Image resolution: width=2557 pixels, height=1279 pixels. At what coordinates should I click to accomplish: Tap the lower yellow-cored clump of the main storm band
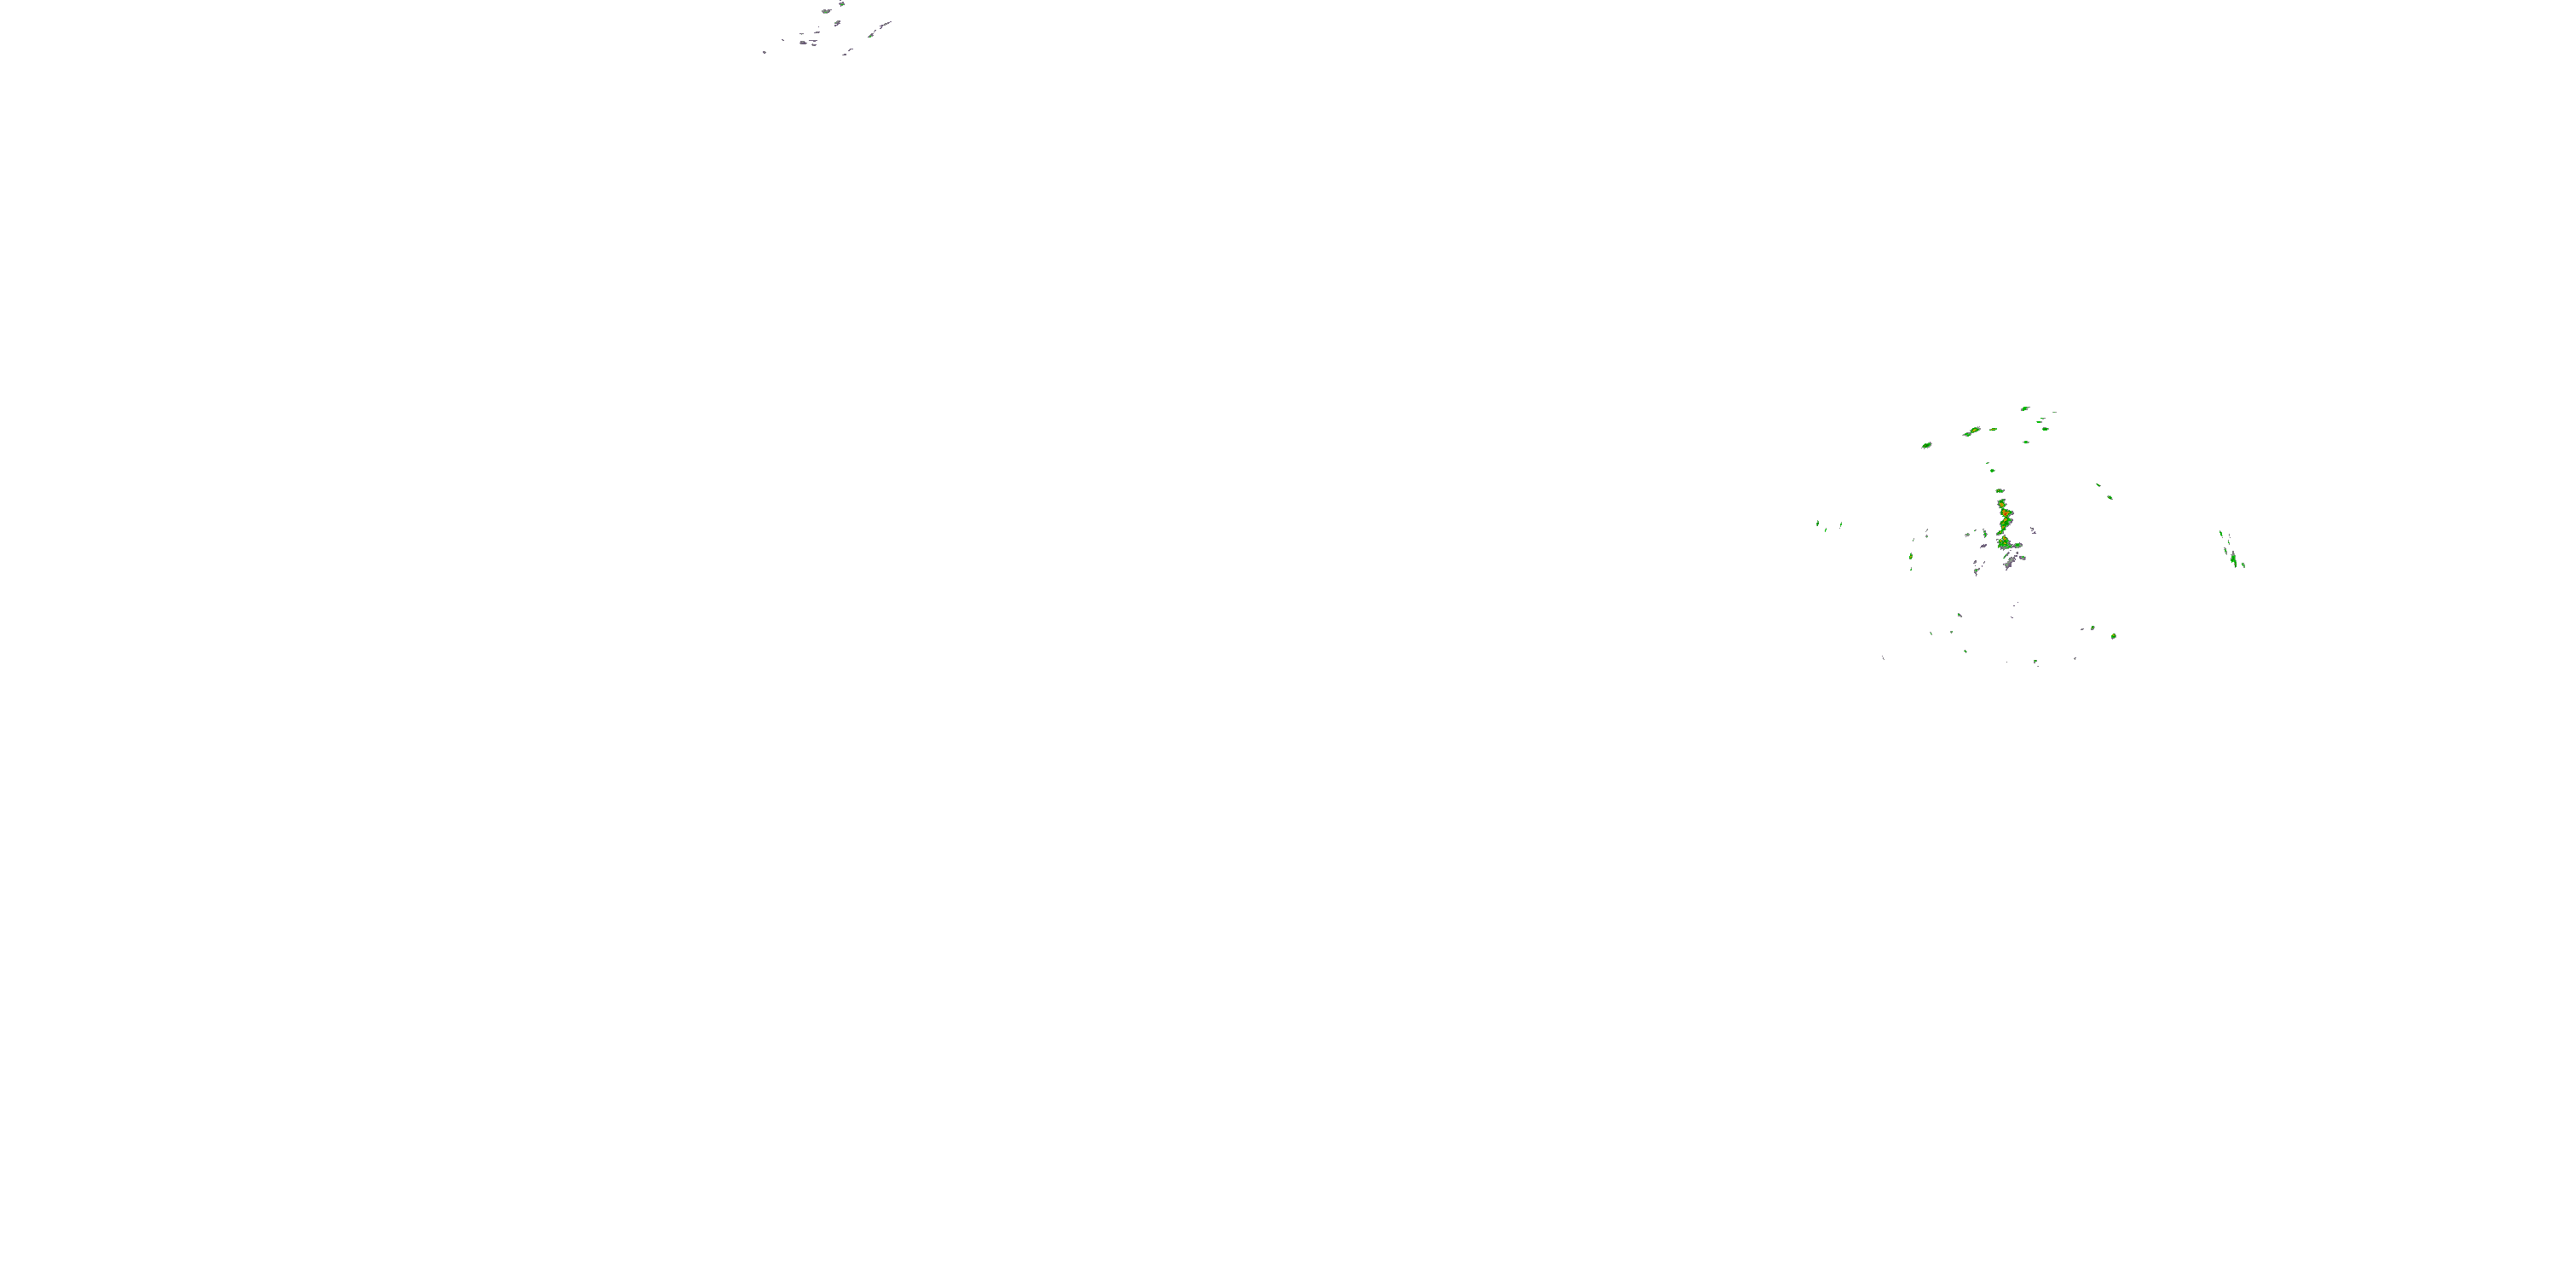point(2004,542)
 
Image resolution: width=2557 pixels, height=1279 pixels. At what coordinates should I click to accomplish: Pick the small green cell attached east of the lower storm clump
point(2018,547)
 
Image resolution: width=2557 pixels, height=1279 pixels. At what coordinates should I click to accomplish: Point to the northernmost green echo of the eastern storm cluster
point(2025,408)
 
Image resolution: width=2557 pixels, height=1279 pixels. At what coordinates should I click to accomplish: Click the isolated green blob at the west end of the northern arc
point(1926,445)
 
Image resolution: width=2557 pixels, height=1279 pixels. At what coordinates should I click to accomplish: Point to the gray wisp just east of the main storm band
point(2032,530)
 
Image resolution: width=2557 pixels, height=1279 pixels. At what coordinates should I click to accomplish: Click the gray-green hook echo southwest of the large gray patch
point(1977,572)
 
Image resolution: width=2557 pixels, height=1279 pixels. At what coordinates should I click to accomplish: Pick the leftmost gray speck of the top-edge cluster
point(765,52)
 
